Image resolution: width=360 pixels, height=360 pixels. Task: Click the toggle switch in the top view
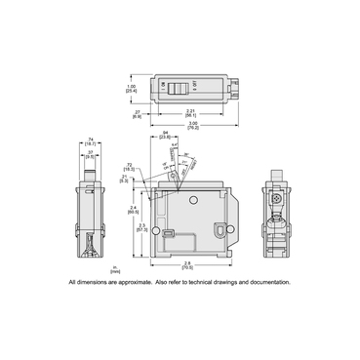point(179,88)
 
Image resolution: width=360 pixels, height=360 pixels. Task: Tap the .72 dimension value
point(131,166)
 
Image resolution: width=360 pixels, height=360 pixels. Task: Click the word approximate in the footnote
point(142,282)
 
